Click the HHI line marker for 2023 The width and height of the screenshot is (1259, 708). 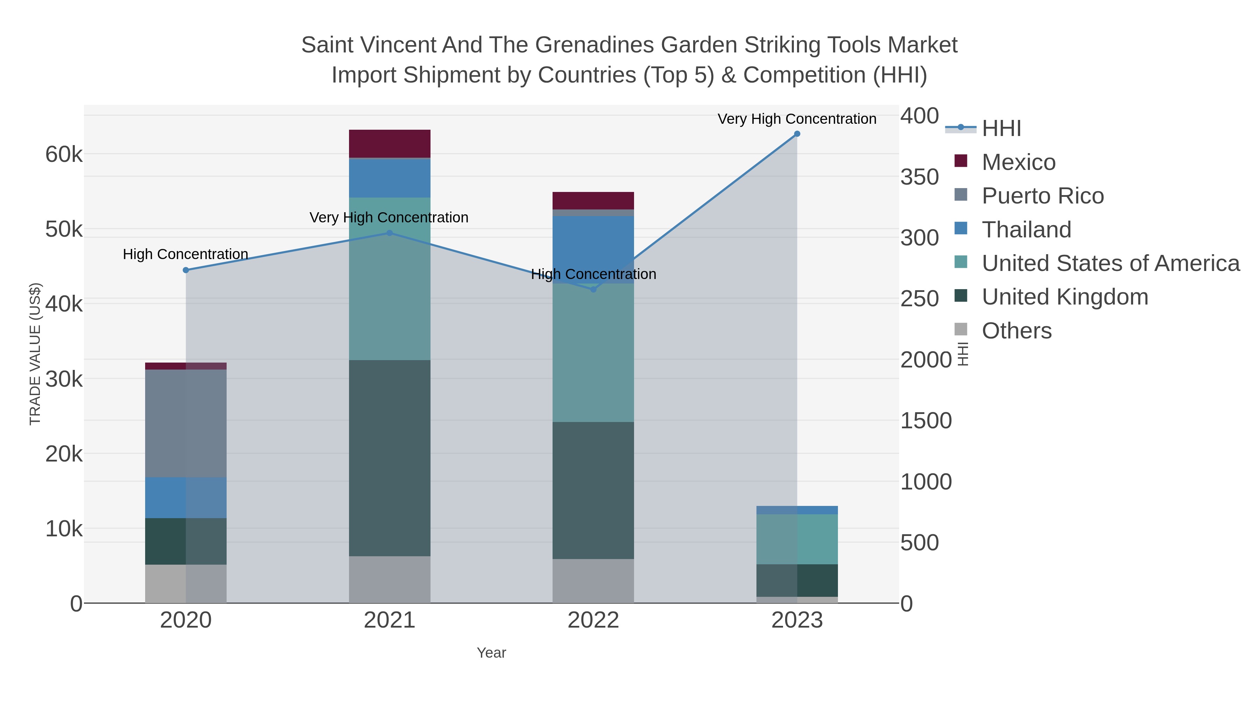(x=797, y=134)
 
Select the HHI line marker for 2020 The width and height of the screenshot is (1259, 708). (x=186, y=270)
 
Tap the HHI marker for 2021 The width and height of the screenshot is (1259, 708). (x=390, y=233)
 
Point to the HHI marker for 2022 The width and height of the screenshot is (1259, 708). (x=593, y=289)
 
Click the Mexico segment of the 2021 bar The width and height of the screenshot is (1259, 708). (x=390, y=144)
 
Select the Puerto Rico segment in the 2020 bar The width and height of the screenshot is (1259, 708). (x=186, y=423)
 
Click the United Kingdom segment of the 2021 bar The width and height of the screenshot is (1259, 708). (x=390, y=458)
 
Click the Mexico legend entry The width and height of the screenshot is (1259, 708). (x=1018, y=162)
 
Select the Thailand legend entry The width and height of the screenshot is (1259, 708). (x=1026, y=230)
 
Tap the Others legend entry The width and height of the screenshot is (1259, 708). (x=1017, y=331)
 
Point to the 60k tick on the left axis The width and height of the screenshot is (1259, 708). (x=64, y=155)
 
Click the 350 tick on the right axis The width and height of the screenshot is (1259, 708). (x=919, y=177)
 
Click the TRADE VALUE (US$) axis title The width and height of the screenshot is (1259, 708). (x=35, y=354)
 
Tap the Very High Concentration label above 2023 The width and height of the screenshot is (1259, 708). (x=797, y=119)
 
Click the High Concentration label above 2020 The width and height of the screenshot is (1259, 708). (x=186, y=254)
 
